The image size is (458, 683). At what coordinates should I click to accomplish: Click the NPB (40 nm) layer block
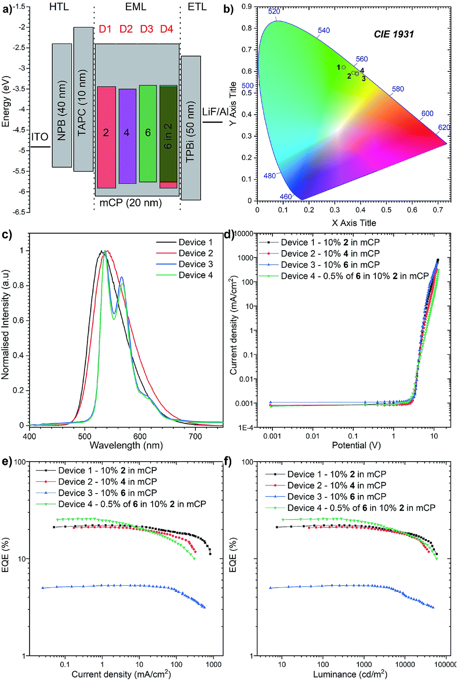[62, 106]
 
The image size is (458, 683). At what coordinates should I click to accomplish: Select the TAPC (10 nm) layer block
[83, 100]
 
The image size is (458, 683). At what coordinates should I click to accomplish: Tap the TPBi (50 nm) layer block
[191, 128]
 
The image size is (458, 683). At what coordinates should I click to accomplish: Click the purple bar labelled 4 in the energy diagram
[127, 136]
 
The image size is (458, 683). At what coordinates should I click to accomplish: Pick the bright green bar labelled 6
[147, 133]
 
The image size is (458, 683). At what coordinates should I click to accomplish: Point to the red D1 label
[105, 29]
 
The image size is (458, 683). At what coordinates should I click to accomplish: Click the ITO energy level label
[40, 137]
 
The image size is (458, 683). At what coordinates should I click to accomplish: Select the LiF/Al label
[215, 112]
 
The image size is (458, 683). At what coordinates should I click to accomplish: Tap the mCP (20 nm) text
[131, 203]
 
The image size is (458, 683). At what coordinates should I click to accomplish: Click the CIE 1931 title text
[394, 34]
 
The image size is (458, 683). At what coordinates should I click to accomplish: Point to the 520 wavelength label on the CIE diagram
[274, 11]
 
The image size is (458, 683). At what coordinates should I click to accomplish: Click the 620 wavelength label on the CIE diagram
[444, 127]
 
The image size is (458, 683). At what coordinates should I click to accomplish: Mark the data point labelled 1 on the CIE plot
[343, 67]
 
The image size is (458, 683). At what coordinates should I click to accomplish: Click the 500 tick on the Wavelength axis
[85, 436]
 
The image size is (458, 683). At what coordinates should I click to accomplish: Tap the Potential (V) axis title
[356, 445]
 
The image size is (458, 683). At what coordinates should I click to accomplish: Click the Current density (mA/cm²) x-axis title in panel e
[121, 675]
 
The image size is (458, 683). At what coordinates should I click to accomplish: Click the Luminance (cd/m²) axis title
[350, 675]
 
